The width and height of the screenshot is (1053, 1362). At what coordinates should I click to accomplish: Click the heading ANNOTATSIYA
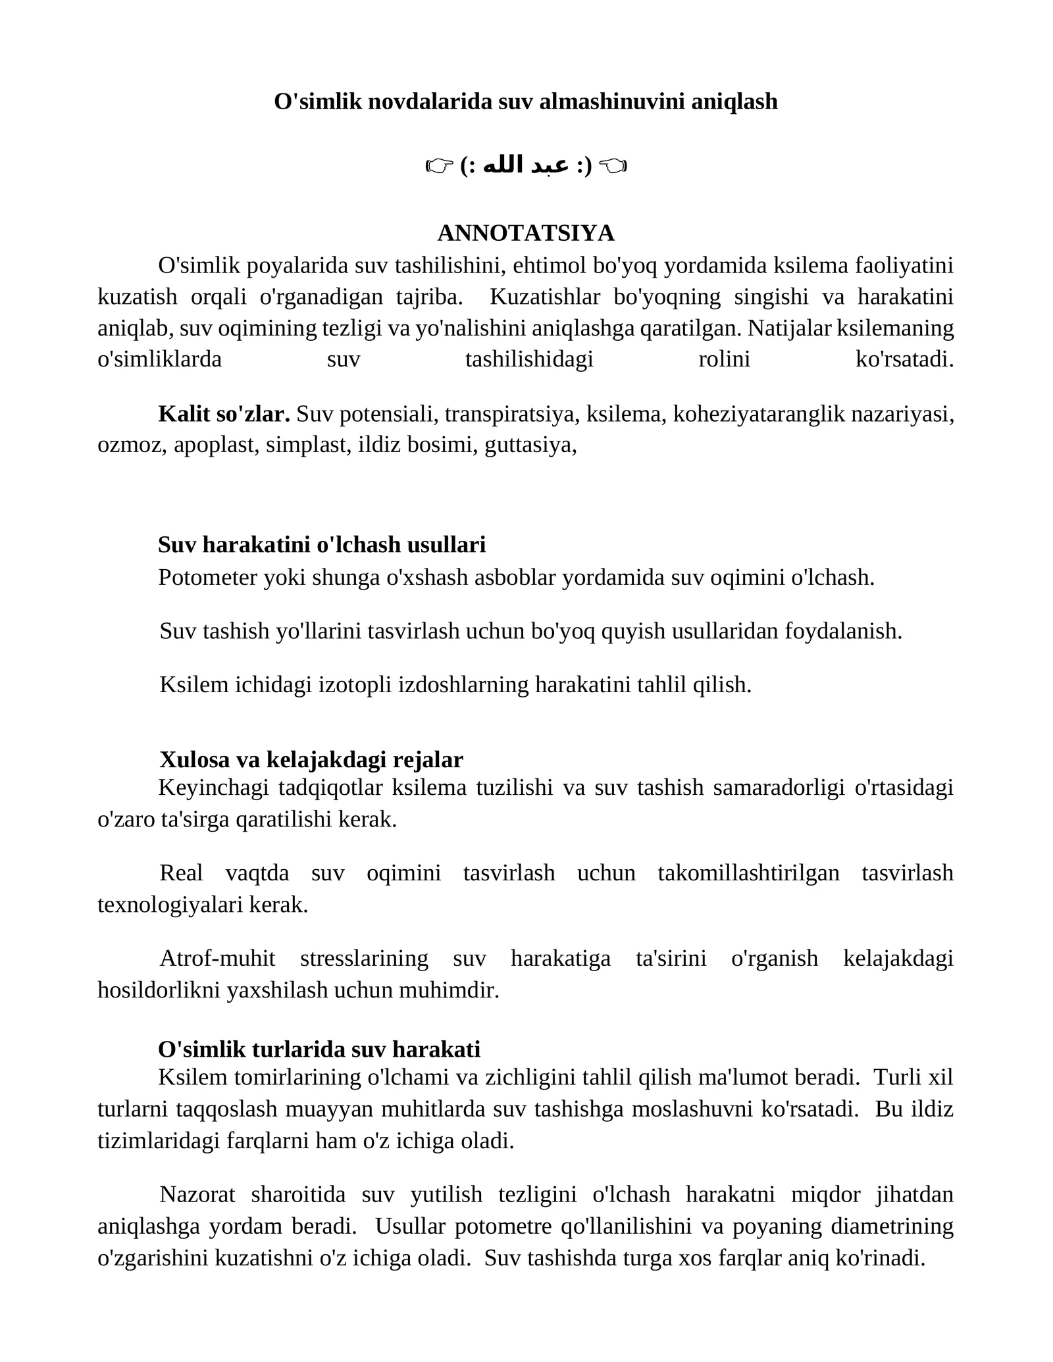pyautogui.click(x=525, y=233)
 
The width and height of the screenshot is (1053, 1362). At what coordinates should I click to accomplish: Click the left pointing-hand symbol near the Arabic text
pyautogui.click(x=438, y=167)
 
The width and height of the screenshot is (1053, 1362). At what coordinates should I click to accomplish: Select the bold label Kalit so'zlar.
pyautogui.click(x=224, y=414)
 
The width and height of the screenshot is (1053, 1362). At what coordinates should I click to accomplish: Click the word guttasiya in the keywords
pyautogui.click(x=530, y=445)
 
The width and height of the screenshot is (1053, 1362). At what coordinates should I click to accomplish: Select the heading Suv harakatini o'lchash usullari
pyautogui.click(x=322, y=545)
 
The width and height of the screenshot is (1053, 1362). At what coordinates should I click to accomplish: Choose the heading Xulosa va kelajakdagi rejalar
pyautogui.click(x=311, y=760)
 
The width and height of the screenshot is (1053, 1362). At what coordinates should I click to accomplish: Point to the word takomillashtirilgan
pyautogui.click(x=748, y=873)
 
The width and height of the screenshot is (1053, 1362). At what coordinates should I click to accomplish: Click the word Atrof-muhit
pyautogui.click(x=217, y=959)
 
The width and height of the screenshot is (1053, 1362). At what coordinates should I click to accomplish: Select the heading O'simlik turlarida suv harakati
pyautogui.click(x=319, y=1049)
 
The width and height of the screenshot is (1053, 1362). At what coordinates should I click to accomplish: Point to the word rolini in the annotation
pyautogui.click(x=724, y=360)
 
